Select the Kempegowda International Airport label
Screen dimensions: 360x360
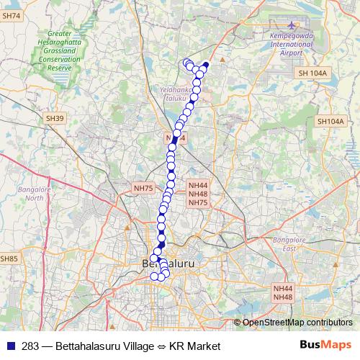click(x=291, y=45)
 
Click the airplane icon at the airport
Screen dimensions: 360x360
click(x=291, y=27)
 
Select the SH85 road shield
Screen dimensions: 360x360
click(x=9, y=258)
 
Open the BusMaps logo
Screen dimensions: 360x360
click(x=325, y=346)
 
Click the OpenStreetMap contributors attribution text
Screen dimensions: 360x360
click(x=297, y=323)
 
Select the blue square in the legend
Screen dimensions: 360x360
click(x=10, y=346)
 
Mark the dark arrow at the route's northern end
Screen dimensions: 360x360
click(x=205, y=66)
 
